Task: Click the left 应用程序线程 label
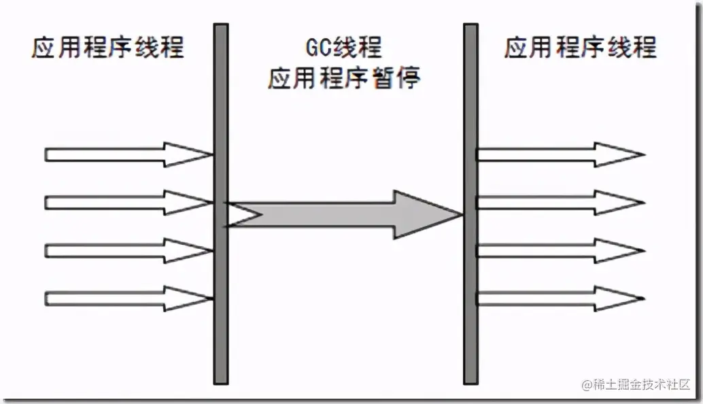[x=107, y=49]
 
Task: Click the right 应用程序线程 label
[x=580, y=48]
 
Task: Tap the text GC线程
[x=343, y=48]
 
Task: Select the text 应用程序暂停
[x=343, y=79]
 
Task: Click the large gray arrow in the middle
[x=340, y=215]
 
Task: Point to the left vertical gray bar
[x=221, y=204]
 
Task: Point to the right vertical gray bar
[x=470, y=204]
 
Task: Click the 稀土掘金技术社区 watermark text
[x=642, y=384]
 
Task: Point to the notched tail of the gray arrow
[x=245, y=215]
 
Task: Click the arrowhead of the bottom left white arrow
[x=185, y=298]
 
